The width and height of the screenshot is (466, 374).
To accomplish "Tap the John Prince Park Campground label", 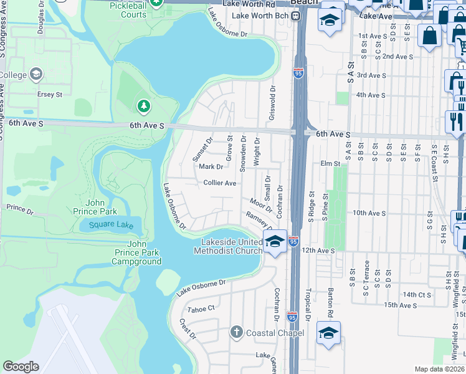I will click(x=136, y=252).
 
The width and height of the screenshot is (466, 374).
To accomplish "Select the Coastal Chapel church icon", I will click(x=236, y=332).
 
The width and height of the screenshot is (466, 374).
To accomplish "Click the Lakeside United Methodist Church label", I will click(x=228, y=246).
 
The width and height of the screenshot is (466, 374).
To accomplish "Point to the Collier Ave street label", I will click(x=220, y=183).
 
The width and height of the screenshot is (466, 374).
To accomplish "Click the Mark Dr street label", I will click(x=211, y=166).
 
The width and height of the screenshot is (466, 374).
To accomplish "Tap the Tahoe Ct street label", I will click(x=201, y=309).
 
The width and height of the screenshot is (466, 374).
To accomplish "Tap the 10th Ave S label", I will click(x=369, y=213).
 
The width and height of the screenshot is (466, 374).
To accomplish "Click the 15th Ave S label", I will click(x=400, y=305).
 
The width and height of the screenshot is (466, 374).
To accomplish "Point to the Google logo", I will click(x=21, y=367).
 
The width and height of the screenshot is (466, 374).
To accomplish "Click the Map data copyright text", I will click(x=439, y=369).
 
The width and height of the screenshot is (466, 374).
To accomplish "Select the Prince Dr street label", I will click(x=20, y=209).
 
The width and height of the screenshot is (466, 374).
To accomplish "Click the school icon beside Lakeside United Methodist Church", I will click(x=274, y=241).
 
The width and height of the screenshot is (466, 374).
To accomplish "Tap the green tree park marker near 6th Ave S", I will click(x=144, y=106).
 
